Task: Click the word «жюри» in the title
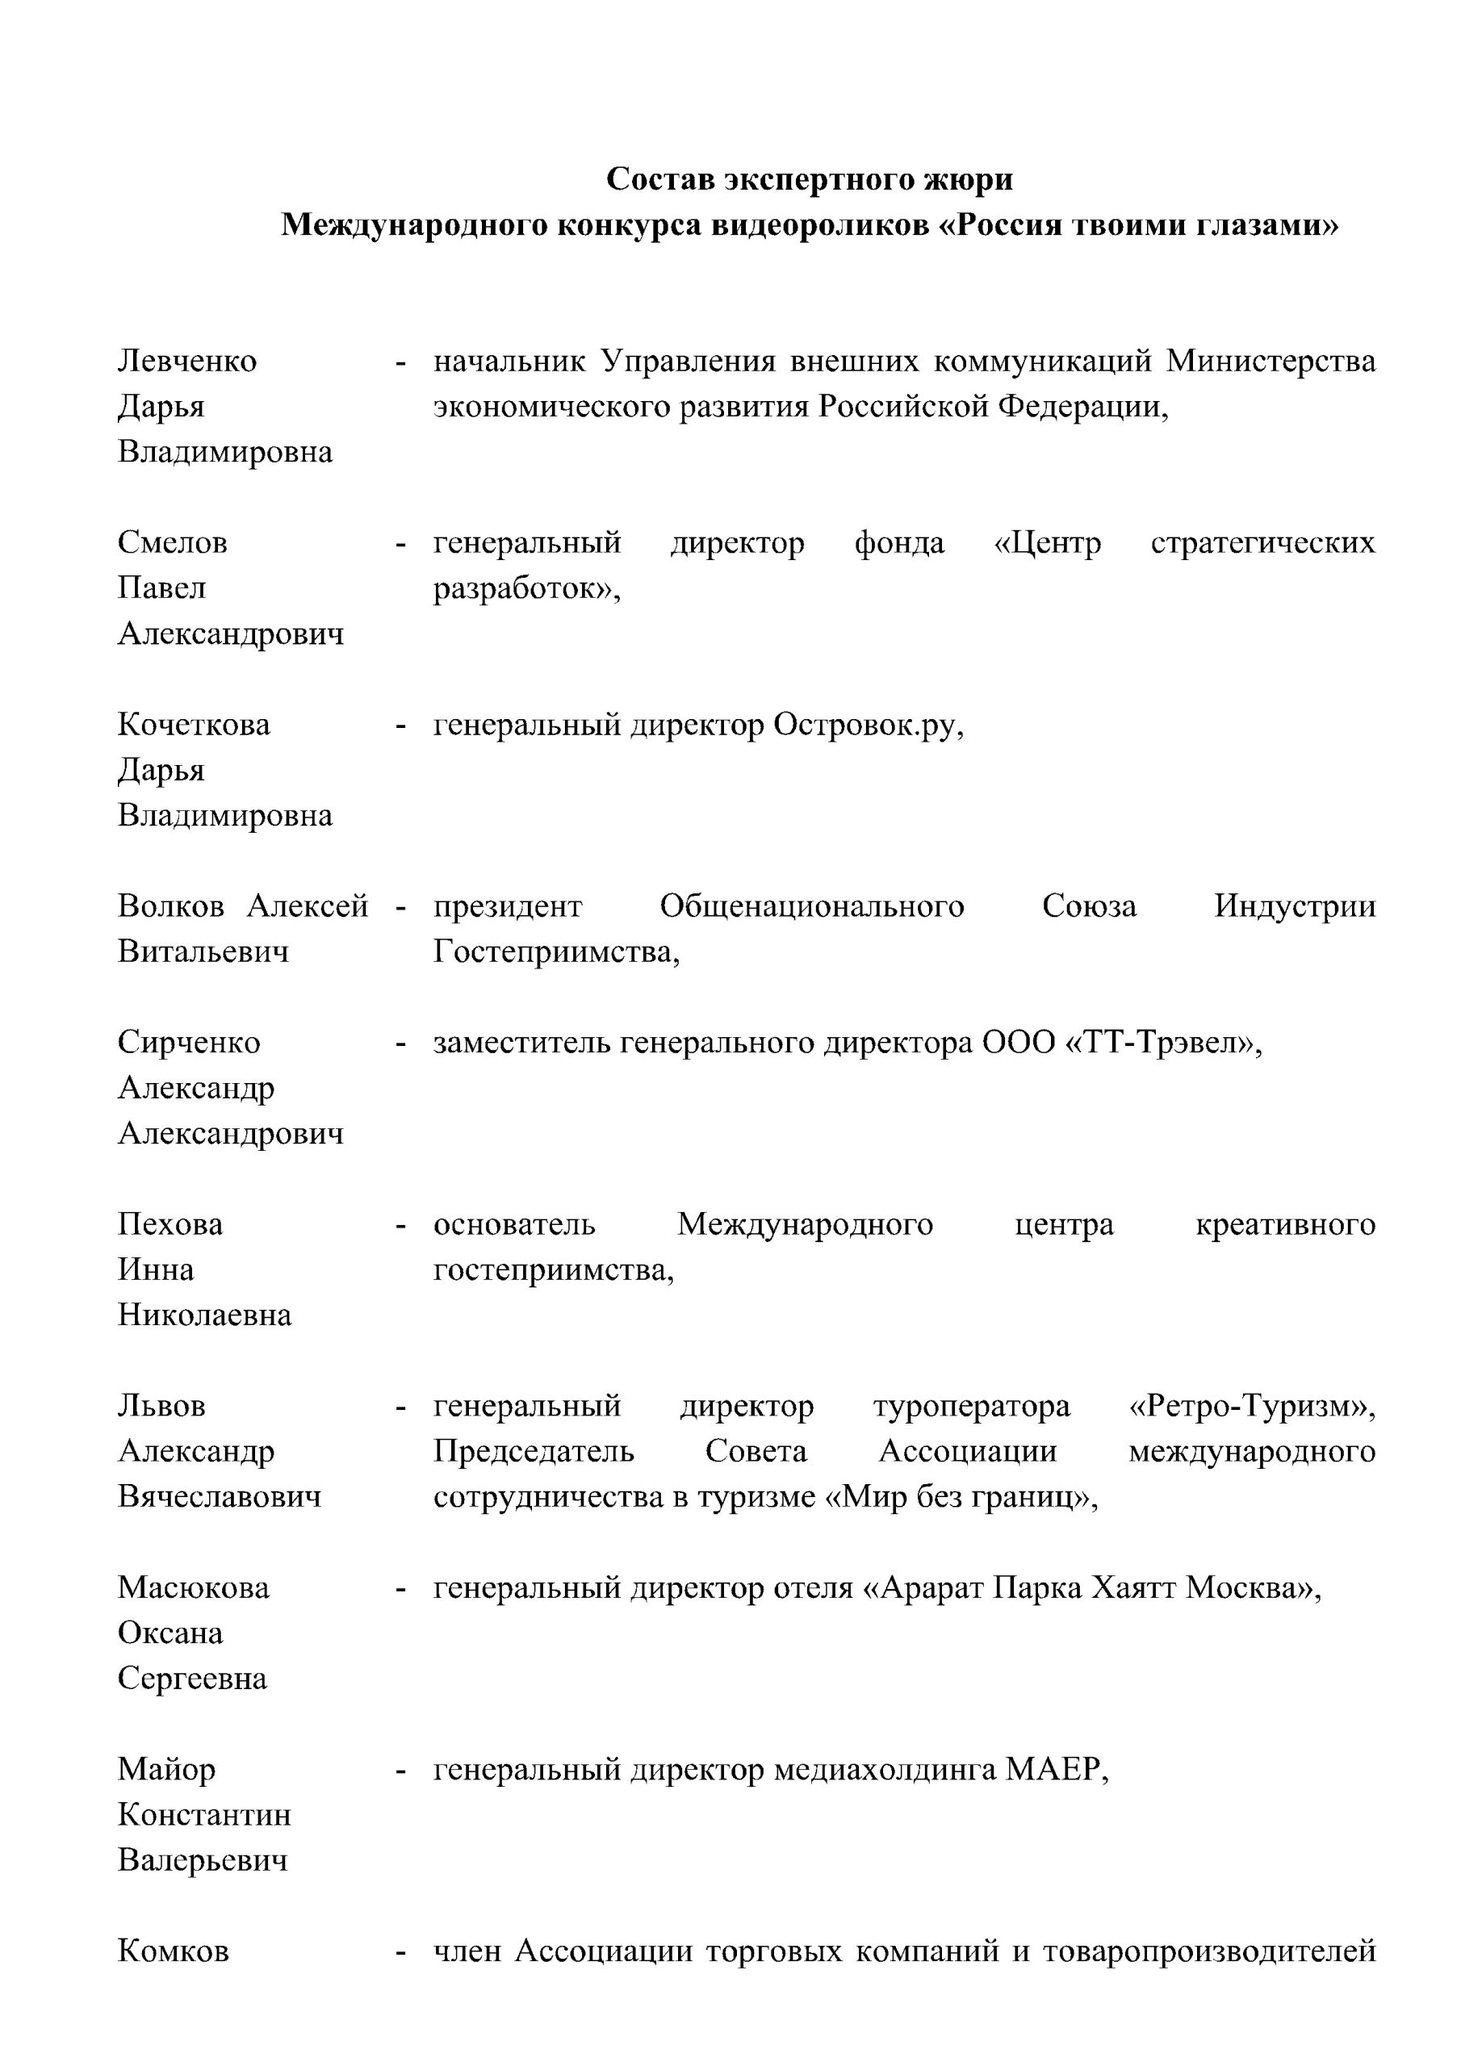968,180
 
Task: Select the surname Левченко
187,361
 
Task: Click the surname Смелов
173,542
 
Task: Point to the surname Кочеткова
194,725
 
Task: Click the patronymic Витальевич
203,951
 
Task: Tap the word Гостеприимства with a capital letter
556,951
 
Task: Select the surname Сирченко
189,1042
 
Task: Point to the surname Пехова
170,1223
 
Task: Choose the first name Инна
156,1269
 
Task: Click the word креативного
1284,1223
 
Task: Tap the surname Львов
162,1406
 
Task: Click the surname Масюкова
194,1587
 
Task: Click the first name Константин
204,1814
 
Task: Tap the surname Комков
173,1951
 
